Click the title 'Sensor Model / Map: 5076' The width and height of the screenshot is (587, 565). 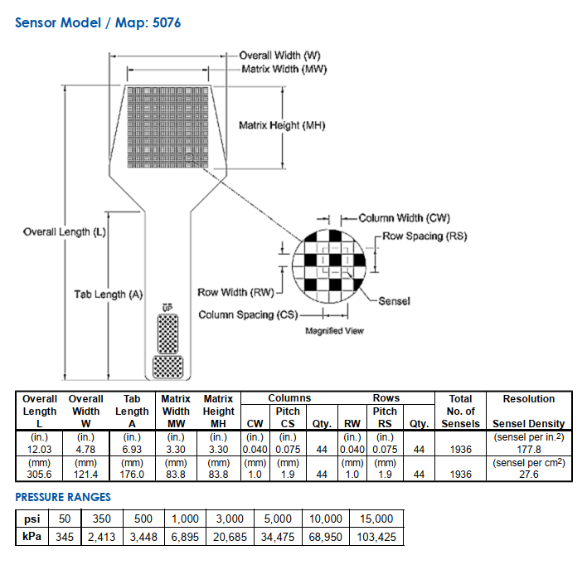click(x=98, y=22)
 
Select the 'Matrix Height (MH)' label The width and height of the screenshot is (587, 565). click(x=282, y=125)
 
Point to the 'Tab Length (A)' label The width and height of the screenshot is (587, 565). click(x=109, y=294)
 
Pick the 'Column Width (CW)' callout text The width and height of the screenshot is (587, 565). click(x=404, y=218)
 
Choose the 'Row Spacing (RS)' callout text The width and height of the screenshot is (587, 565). click(x=425, y=236)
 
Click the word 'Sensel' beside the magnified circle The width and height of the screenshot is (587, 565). click(x=394, y=300)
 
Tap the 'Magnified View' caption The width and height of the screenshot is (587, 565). click(x=334, y=331)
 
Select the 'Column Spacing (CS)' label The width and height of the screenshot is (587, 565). click(x=247, y=315)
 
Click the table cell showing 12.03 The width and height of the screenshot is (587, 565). click(x=40, y=449)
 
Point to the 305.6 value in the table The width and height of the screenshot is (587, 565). click(x=40, y=474)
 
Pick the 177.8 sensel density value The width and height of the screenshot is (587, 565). click(x=528, y=449)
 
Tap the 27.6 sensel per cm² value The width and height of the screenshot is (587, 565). click(x=528, y=474)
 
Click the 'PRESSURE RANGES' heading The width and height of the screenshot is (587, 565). click(x=63, y=497)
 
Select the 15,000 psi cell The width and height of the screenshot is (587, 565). click(x=376, y=519)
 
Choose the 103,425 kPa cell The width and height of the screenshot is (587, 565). click(x=376, y=537)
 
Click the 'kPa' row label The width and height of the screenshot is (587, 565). click(x=28, y=537)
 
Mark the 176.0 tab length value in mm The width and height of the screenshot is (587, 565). click(x=132, y=474)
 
